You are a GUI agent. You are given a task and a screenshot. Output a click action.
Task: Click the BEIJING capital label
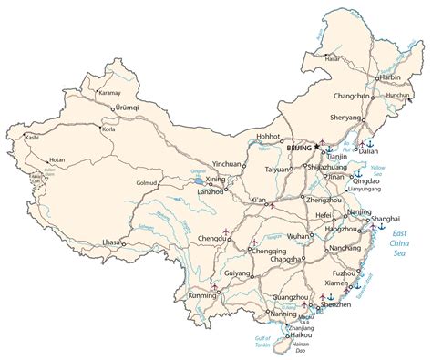pyautogui.click(x=297, y=147)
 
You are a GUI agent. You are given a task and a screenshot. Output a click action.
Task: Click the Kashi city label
pyautogui.click(x=32, y=137)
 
